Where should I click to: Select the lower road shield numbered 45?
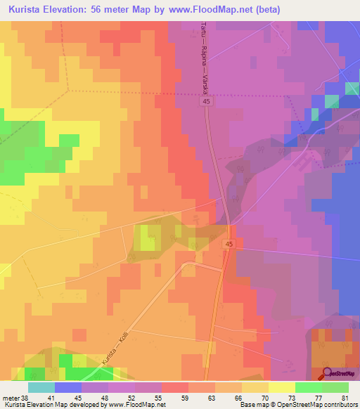(x=229, y=243)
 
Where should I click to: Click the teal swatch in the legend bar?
(x=41, y=387)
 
